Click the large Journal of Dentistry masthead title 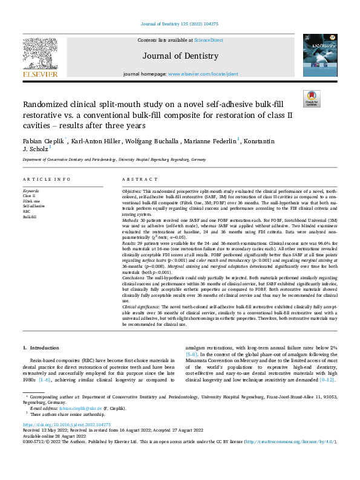pyautogui.click(x=180, y=56)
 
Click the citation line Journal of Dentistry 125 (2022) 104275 pyautogui.click(x=180, y=24)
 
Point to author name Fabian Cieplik pyautogui.click(x=41, y=141)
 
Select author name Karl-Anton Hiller pyautogui.click(x=93, y=141)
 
